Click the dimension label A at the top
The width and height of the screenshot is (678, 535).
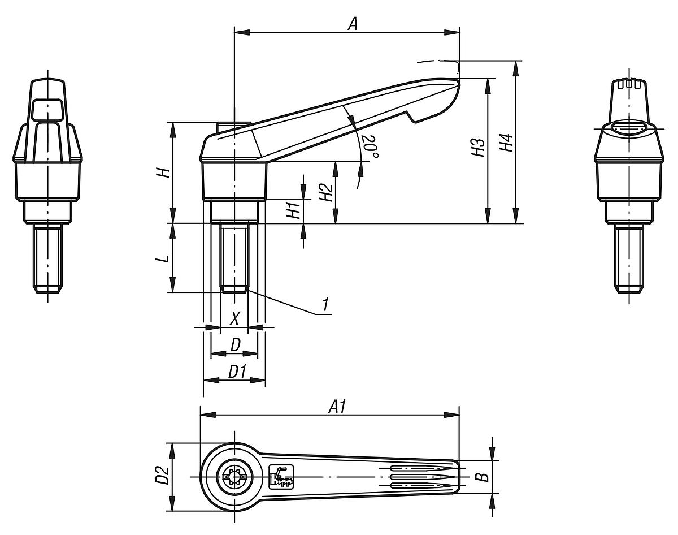click(353, 23)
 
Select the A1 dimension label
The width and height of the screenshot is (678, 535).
click(337, 406)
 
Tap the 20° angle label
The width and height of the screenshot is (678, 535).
click(370, 146)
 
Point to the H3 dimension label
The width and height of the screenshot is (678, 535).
click(478, 148)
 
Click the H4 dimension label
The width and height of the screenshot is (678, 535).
click(507, 143)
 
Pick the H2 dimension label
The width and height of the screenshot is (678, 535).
click(325, 193)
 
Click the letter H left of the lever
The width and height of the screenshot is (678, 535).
click(163, 172)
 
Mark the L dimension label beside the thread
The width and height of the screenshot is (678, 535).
click(163, 258)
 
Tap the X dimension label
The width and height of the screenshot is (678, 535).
click(235, 318)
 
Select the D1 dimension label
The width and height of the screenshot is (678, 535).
click(237, 372)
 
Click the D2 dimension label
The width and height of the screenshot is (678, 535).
click(162, 476)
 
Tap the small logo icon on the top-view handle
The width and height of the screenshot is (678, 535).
click(281, 476)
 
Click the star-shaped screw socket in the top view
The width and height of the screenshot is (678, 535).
click(233, 477)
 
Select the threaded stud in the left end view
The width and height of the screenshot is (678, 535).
click(48, 258)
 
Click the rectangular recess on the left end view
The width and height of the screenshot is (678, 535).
click(47, 109)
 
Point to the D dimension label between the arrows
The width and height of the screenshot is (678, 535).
click(235, 345)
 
